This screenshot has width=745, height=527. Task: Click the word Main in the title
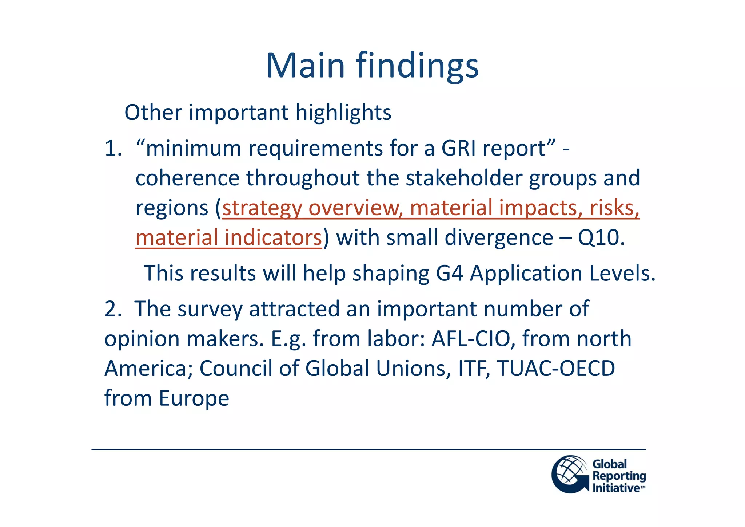pos(305,66)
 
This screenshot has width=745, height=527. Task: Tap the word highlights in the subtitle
pos(343,113)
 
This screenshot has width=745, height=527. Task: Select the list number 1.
pos(112,149)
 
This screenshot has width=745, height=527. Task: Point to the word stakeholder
pos(463,178)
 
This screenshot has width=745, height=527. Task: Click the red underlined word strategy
pos(262,208)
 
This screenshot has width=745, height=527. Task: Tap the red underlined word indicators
pos(273,238)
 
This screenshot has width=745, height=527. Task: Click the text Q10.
pos(601,238)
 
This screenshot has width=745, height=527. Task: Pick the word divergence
pos(499,238)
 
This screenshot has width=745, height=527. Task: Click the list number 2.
pos(112,309)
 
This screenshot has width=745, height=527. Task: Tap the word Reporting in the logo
pos(619,476)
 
